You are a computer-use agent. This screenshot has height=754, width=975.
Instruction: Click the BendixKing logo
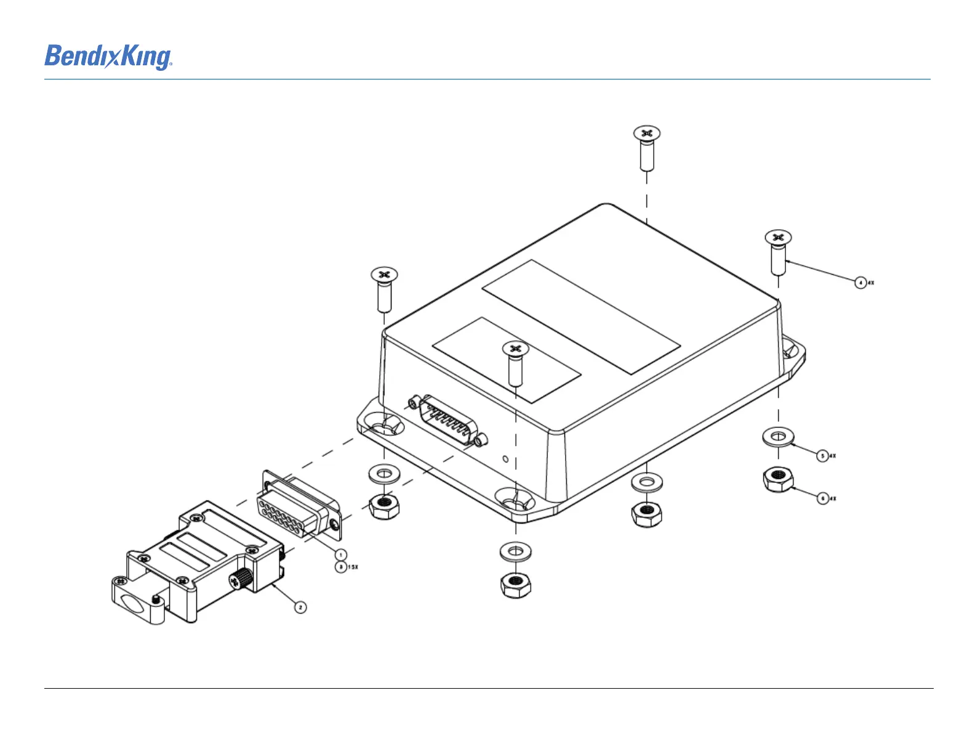coord(108,57)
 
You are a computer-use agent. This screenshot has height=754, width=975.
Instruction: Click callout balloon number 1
coord(341,555)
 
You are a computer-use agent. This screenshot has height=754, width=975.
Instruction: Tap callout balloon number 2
coord(300,607)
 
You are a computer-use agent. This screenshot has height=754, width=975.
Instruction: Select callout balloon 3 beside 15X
coord(340,567)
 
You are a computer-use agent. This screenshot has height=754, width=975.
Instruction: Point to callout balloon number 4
coord(861,283)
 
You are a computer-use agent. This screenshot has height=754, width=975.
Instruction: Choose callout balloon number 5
coord(822,456)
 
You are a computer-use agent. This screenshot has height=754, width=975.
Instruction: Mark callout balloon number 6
coord(822,498)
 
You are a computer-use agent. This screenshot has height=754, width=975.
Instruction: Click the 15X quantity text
coord(353,567)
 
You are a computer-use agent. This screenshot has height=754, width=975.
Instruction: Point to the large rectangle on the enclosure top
coord(581,316)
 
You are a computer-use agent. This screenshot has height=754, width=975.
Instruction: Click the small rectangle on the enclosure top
coord(507,360)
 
